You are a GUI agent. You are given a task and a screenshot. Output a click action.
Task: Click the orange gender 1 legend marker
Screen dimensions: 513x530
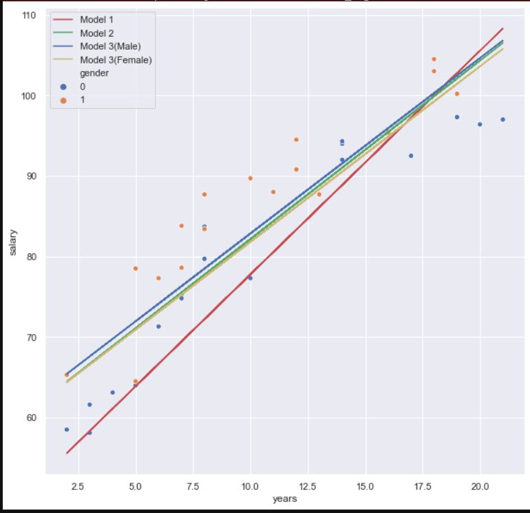click(64, 100)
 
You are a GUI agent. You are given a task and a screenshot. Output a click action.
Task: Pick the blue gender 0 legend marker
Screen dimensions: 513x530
click(64, 87)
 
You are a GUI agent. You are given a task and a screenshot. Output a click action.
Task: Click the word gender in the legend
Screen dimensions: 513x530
click(94, 73)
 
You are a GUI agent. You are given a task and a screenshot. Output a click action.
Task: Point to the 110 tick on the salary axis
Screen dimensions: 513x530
click(30, 15)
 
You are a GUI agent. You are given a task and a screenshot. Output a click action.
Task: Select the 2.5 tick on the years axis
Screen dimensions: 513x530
click(78, 485)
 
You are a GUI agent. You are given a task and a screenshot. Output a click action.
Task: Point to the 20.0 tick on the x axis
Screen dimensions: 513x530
click(480, 485)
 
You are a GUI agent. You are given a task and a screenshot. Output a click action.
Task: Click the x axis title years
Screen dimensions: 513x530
click(284, 499)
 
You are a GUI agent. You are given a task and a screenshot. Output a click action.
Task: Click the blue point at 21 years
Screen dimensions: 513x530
click(502, 119)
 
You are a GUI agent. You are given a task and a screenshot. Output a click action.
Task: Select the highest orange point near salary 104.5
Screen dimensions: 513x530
click(434, 59)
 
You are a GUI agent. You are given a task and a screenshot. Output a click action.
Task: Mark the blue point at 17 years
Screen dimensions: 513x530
click(411, 156)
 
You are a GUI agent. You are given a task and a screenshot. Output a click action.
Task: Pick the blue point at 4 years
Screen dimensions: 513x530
click(112, 392)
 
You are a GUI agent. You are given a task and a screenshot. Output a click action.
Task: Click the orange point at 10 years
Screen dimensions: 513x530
click(250, 178)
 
